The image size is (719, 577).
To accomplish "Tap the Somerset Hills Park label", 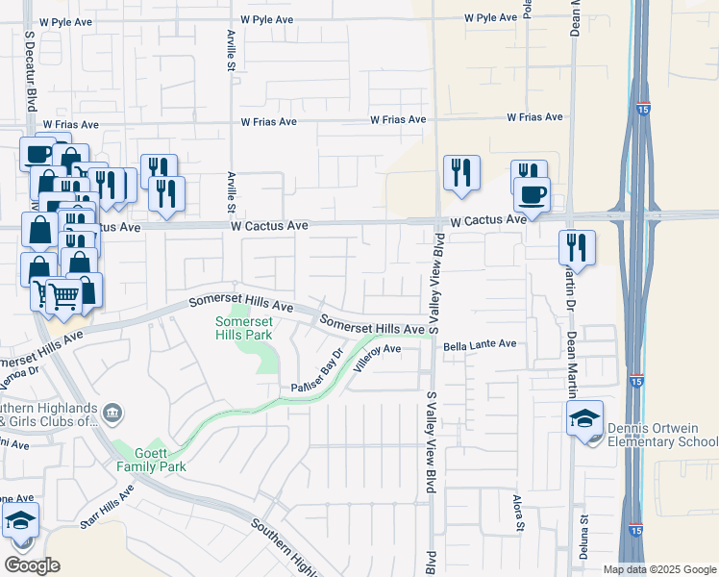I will pos(244,328).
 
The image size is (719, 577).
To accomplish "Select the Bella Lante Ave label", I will pos(480,344).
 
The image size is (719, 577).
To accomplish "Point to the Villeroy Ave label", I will pos(377,357).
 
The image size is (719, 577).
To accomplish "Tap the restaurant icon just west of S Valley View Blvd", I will pos(461,172).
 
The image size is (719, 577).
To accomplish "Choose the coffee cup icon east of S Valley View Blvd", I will pos(532,194).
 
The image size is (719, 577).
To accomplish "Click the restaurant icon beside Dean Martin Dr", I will pos(577,247).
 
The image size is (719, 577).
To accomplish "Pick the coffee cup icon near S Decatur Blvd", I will pos(37,154).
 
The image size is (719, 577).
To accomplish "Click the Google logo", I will pos(32,565).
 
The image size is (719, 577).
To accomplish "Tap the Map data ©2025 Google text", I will pos(658,569).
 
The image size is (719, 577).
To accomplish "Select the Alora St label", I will pos(518,519).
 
